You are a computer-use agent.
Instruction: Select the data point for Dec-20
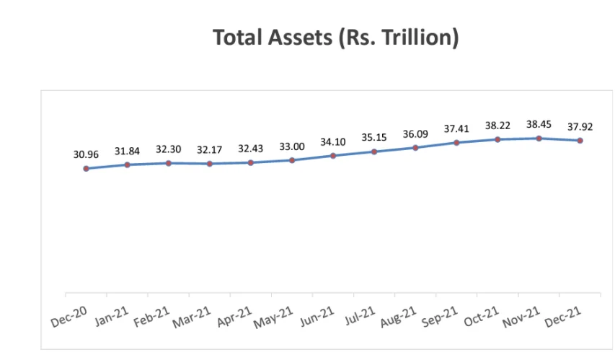coord(86,169)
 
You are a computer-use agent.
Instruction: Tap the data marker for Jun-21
coord(333,156)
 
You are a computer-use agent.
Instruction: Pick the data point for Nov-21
coord(539,138)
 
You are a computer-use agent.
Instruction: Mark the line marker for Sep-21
coord(456,143)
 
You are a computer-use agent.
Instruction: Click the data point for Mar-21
coord(209,164)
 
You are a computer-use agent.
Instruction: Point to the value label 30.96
coord(86,154)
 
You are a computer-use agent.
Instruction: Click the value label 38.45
coord(539,124)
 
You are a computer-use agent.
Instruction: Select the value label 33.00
coord(292,146)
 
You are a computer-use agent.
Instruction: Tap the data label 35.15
coord(374,137)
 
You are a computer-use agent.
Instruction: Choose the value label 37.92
coord(580,126)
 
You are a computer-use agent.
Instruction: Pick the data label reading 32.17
coord(209,149)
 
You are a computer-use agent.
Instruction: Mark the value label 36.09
coord(415,133)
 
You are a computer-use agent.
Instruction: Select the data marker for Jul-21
coord(374,152)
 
